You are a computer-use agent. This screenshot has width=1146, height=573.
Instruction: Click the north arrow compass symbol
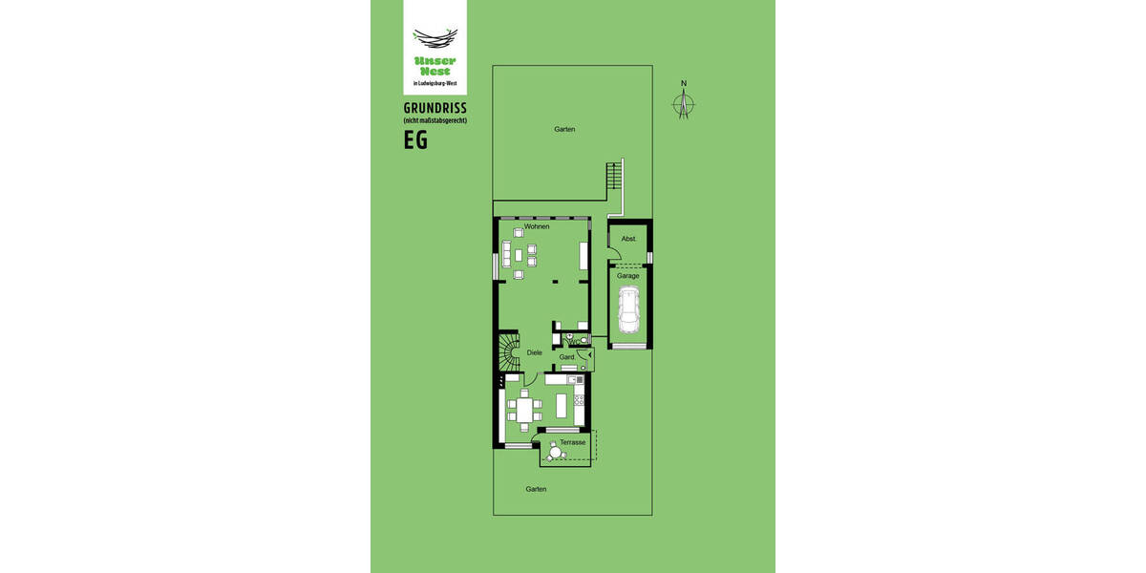pos(684,103)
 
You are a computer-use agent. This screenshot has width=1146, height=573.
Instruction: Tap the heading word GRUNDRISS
pos(435,108)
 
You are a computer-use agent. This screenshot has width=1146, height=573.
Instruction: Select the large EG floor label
pos(415,140)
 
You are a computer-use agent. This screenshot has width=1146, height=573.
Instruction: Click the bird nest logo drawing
pos(435,37)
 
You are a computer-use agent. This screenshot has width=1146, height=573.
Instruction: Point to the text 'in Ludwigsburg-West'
pos(435,83)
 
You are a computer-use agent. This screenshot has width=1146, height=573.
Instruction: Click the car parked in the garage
pos(629,310)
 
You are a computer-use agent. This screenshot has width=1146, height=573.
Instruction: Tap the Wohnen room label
pos(537,226)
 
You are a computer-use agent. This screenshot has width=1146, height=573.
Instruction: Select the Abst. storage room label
pos(628,239)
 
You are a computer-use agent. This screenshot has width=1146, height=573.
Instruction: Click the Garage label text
pos(627,276)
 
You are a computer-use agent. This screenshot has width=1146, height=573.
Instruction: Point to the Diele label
pos(535,352)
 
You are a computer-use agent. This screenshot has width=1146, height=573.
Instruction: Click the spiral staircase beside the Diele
pos(507,355)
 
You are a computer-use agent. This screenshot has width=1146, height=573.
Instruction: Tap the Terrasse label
pos(573,442)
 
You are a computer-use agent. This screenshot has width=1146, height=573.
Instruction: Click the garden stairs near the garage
pos(614,177)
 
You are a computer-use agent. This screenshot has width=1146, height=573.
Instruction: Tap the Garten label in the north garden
pos(564,129)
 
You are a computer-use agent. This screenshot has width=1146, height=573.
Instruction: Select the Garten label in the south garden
pos(536,488)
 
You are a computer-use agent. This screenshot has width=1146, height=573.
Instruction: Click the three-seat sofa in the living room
pos(507,254)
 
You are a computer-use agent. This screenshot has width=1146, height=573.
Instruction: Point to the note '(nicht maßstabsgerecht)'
pos(435,121)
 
